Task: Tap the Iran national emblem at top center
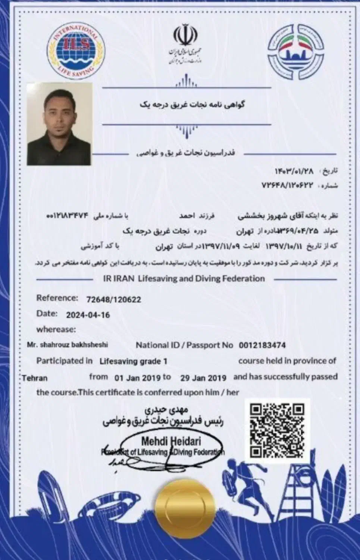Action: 182,35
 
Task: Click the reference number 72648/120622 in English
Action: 113,299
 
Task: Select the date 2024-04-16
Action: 88,315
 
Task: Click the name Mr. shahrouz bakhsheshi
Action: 68,345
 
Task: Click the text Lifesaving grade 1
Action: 133,361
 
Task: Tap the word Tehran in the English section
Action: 34,378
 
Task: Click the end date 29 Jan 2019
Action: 203,377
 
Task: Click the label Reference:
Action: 57,298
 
